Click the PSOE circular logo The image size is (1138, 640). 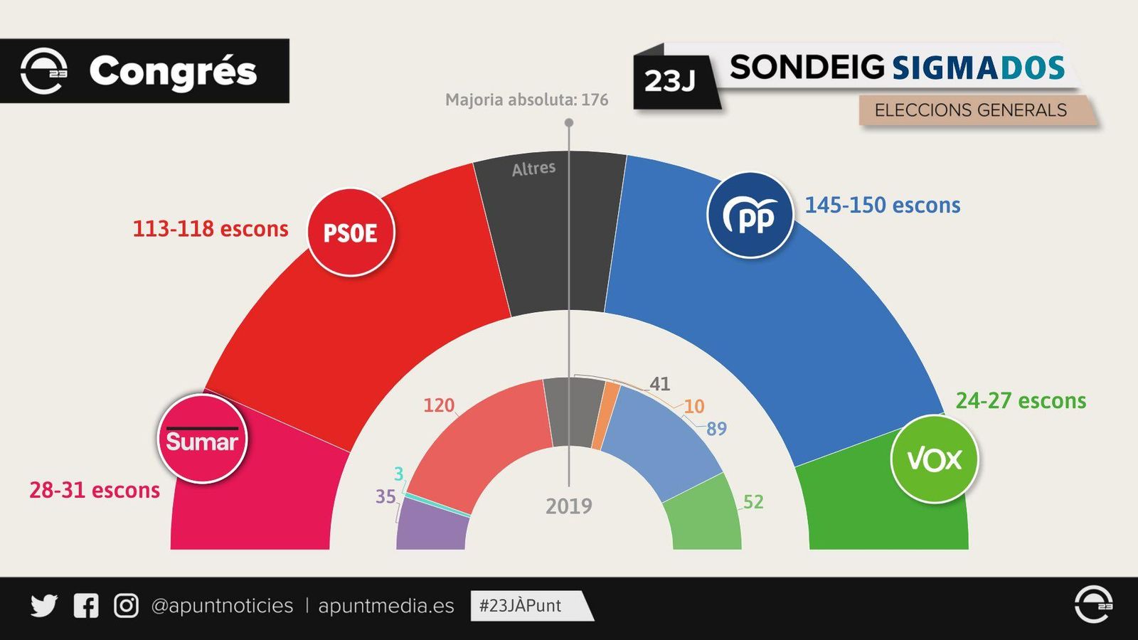pos(351,232)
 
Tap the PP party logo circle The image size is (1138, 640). pos(750,215)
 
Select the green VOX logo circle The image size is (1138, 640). pos(934,459)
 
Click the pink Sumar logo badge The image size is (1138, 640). pos(202,439)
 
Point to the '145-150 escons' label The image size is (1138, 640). pos(882,206)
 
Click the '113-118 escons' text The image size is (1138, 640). pos(211,229)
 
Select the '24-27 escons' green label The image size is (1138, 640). pos(1020,401)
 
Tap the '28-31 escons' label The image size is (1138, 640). pos(95,490)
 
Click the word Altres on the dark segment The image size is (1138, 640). pos(533,169)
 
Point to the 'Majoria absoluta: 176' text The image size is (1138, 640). pos(526,100)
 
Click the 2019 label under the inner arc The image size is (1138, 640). pos(568,506)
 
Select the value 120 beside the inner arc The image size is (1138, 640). pos(438,405)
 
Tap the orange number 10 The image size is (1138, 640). pos(693,406)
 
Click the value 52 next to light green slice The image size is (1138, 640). pos(753,502)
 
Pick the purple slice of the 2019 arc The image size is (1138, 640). pos(432,526)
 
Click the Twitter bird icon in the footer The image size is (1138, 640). pos(44,606)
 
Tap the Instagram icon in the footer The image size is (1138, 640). pos(126,606)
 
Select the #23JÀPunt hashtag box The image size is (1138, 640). pos(526,606)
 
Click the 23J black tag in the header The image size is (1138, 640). pos(670,81)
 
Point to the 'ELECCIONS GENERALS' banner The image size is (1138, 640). pos(970,110)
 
